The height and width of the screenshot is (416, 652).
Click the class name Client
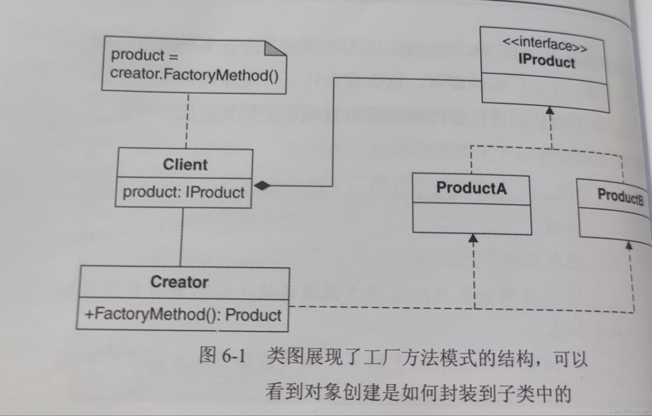pos(185,165)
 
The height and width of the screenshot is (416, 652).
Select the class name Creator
pos(180,282)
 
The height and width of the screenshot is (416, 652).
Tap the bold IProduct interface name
pos(546,61)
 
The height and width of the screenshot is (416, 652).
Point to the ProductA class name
pos(471,188)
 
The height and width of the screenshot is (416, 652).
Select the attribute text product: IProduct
pos(184,192)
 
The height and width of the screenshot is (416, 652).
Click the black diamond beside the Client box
pos(262,186)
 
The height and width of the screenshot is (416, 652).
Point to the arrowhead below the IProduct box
pos(550,110)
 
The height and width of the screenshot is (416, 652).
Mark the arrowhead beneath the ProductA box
pos(473,238)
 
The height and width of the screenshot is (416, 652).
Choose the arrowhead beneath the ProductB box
pos(629,245)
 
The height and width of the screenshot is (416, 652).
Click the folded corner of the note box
pos(274,49)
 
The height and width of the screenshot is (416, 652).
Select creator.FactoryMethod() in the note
pos(194,74)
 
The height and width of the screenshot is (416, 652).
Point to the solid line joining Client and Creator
pos(181,237)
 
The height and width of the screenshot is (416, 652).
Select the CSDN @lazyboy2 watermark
pos(628,410)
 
